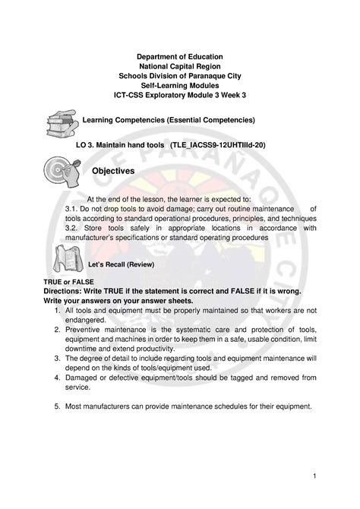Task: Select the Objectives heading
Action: [113, 172]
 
